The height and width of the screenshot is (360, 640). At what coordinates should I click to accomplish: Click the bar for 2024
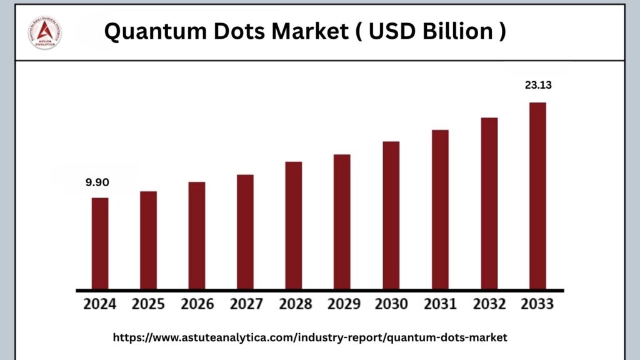[100, 244]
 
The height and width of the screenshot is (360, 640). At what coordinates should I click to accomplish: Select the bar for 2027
[246, 232]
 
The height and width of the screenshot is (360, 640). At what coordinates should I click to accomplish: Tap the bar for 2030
[391, 216]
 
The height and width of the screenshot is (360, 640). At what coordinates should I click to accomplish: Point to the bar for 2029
[342, 222]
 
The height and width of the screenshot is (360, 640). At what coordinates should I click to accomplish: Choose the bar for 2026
[197, 236]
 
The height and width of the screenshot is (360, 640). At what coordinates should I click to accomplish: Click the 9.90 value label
[97, 182]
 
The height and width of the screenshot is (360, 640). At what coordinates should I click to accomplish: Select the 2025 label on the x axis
[148, 304]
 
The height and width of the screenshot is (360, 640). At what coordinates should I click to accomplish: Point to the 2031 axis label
[440, 304]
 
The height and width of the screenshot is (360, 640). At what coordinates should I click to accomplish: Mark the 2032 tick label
[489, 304]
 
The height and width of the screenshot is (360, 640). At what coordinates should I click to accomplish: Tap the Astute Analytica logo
[45, 32]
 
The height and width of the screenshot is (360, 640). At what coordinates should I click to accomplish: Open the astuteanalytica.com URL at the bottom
[310, 337]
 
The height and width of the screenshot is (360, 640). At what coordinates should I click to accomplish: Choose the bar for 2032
[489, 204]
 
